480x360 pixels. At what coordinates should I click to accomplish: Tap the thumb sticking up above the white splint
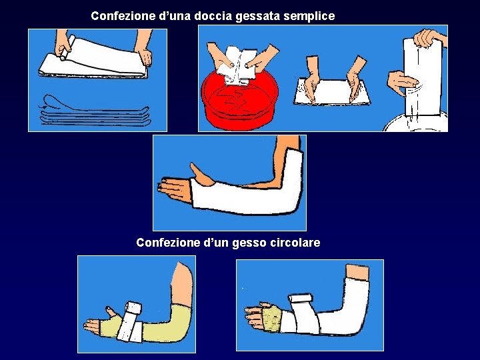point(201,175)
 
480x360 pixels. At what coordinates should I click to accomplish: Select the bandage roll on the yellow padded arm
point(131,321)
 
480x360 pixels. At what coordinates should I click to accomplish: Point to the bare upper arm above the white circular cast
point(357,272)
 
